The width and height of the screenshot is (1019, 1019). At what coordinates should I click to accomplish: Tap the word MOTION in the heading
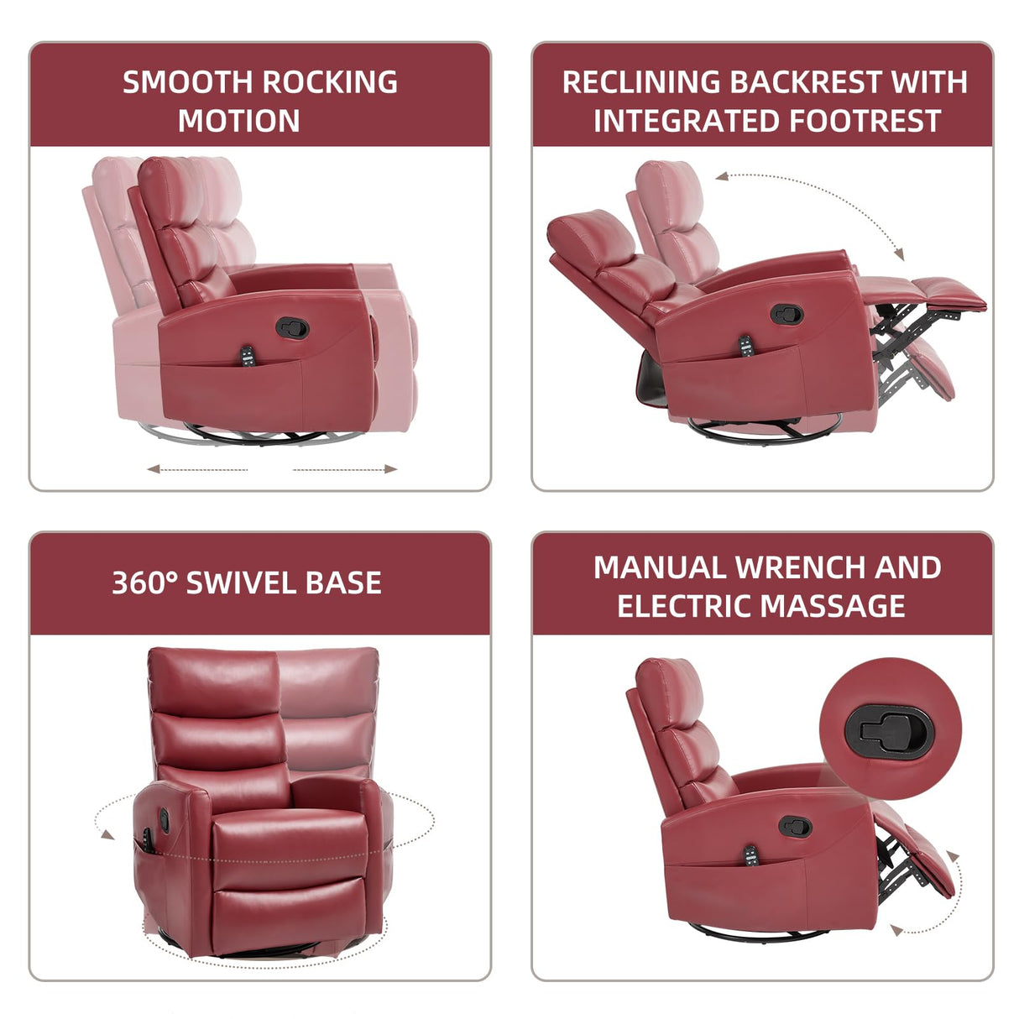[239, 121]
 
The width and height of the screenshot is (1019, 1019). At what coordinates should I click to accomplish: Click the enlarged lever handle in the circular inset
[888, 728]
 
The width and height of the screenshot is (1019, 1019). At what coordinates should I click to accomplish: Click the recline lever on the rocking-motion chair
[292, 327]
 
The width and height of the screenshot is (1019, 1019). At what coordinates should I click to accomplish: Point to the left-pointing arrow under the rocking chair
[154, 469]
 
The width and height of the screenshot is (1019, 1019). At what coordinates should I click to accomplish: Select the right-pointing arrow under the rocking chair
[390, 469]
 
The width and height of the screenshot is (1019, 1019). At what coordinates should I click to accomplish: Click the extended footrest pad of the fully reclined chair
[948, 293]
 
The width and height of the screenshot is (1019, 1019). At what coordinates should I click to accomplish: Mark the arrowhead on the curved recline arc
[899, 254]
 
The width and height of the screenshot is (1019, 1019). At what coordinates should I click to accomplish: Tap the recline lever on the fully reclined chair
[786, 316]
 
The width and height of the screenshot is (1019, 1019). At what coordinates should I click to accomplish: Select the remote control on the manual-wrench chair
[750, 857]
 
